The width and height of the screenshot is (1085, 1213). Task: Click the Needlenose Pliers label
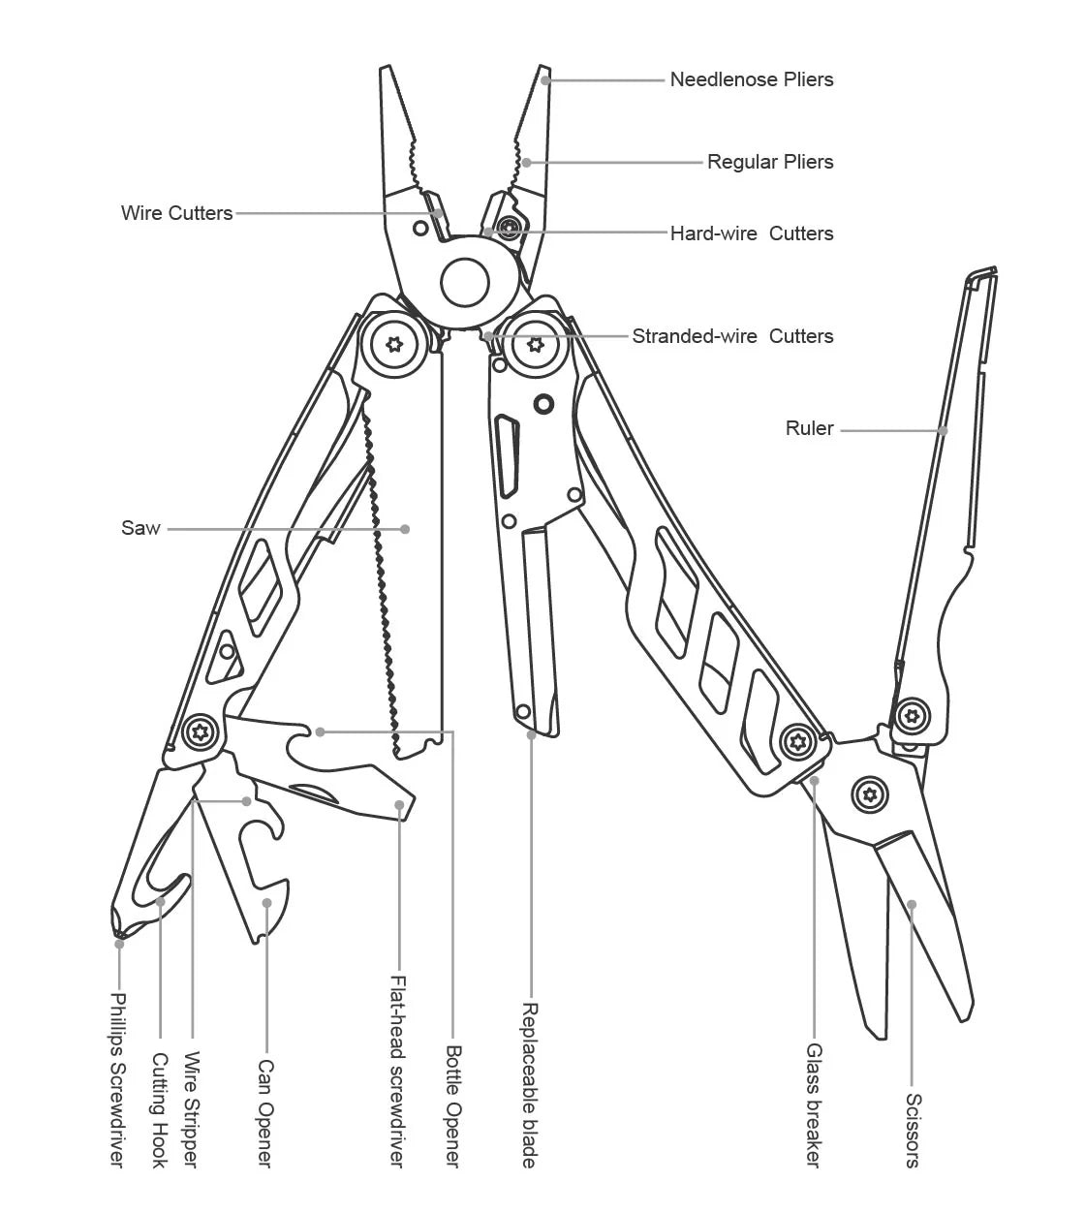(751, 79)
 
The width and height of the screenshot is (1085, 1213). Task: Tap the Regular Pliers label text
(769, 162)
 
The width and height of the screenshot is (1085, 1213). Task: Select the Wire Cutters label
(176, 213)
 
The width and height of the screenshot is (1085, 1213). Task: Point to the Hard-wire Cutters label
(751, 233)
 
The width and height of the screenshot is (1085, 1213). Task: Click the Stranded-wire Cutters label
(732, 336)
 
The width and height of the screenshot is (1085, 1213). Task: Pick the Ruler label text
(809, 428)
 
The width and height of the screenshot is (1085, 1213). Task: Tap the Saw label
(140, 528)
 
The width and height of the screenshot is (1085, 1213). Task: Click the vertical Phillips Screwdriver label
(117, 1079)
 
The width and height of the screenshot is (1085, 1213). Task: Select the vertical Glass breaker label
(814, 1104)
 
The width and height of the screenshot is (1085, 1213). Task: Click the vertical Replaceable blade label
(530, 1084)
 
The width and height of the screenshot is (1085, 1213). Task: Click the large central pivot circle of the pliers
(465, 282)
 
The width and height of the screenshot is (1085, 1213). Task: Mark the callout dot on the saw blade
(405, 529)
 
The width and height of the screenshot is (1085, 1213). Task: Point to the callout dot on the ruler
(944, 430)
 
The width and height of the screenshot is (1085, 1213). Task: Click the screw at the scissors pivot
(869, 795)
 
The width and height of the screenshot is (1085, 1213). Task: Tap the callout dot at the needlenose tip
(545, 80)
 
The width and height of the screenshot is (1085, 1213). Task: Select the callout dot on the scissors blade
(912, 905)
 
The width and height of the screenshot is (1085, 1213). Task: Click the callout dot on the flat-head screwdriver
(399, 804)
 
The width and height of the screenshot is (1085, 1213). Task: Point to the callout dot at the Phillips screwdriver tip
(119, 942)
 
